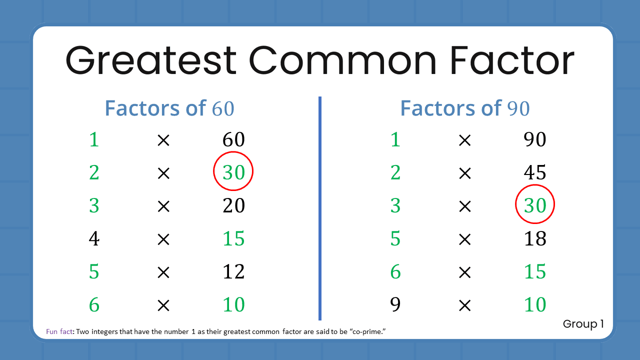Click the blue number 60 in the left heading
coord(223,108)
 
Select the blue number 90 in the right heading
coord(518,108)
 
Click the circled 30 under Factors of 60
coord(233,172)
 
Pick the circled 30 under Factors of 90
coord(534,205)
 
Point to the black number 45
coord(534,172)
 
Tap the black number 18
coord(534,239)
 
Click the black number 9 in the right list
coord(395,304)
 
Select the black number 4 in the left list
coord(94,239)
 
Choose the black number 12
coord(233,271)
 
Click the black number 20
coord(233,205)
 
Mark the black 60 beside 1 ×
coord(233,139)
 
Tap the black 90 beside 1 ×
coord(534,139)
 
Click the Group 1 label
coord(583,324)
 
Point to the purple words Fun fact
coord(59,331)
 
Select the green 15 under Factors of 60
coord(233,239)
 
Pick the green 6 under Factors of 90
coord(395,271)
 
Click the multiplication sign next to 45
coord(464,173)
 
